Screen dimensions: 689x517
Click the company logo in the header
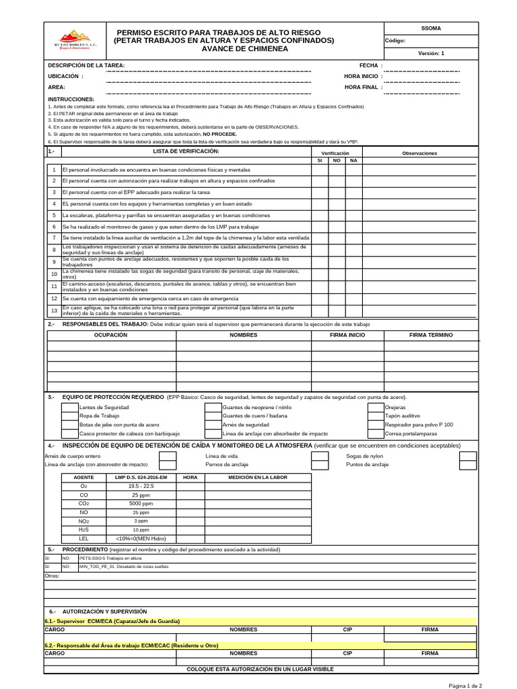pyautogui.click(x=75, y=40)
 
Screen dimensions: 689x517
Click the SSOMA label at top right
pyautogui.click(x=431, y=28)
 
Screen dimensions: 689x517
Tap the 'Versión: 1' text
pyautogui.click(x=431, y=53)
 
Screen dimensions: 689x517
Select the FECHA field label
pyautogui.click(x=371, y=65)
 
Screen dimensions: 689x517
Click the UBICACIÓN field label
pyautogui.click(x=66, y=77)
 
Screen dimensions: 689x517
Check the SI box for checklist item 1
pyautogui.click(x=320, y=170)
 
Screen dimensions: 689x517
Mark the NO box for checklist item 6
pyautogui.click(x=337, y=227)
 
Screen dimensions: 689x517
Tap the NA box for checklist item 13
pyautogui.click(x=353, y=310)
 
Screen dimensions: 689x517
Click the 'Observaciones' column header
pyautogui.click(x=419, y=153)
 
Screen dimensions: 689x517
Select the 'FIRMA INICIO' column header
pyautogui.click(x=347, y=335)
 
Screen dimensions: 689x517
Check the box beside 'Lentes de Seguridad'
pyautogui.click(x=69, y=408)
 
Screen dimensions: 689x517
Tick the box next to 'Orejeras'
pyautogui.click(x=376, y=408)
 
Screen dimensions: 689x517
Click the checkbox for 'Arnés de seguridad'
pyautogui.click(x=213, y=425)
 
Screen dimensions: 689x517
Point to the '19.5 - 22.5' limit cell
pyautogui.click(x=141, y=486)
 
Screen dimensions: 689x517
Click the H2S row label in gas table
pyautogui.click(x=84, y=530)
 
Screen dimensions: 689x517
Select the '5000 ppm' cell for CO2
pyautogui.click(x=141, y=503)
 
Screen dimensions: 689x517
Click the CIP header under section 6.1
pyautogui.click(x=347, y=630)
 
